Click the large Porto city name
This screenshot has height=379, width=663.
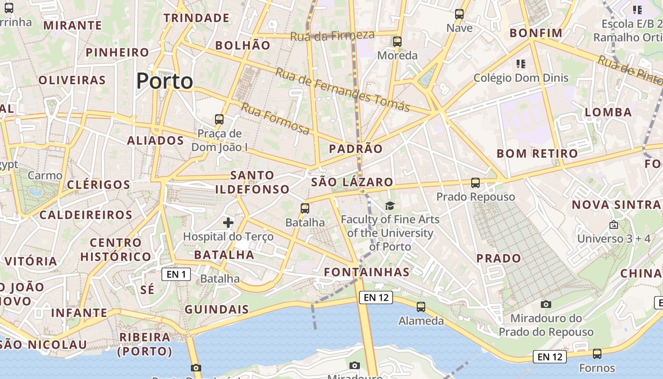pyautogui.click(x=164, y=81)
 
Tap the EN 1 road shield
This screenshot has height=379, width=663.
pyautogui.click(x=176, y=274)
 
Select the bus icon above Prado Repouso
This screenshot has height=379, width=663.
pyautogui.click(x=475, y=183)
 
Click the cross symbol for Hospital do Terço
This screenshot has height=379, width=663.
pyautogui.click(x=228, y=222)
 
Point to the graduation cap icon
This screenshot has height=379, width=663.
pyautogui.click(x=390, y=206)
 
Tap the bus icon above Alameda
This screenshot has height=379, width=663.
pyautogui.click(x=421, y=307)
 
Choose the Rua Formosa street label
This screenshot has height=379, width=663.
pyautogui.click(x=275, y=118)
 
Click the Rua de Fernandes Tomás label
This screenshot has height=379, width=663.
pyautogui.click(x=342, y=90)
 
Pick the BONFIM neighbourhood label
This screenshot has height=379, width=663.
pyautogui.click(x=536, y=33)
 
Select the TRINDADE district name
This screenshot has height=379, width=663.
pyautogui.click(x=197, y=18)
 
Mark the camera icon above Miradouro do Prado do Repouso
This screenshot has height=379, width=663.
pyautogui.click(x=546, y=304)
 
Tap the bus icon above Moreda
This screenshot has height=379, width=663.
pyautogui.click(x=397, y=42)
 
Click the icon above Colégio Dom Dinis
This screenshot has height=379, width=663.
pyautogui.click(x=521, y=63)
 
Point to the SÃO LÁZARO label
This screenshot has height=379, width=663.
pyautogui.click(x=352, y=182)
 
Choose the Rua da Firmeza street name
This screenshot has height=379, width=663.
pyautogui.click(x=332, y=35)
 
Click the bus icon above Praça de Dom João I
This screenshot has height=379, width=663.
pyautogui.click(x=219, y=119)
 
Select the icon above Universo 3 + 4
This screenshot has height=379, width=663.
pyautogui.click(x=614, y=225)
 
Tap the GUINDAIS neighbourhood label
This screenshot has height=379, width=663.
pyautogui.click(x=217, y=309)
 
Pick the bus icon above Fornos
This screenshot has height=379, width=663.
pyautogui.click(x=597, y=354)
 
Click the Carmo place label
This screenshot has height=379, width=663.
pyautogui.click(x=45, y=176)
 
